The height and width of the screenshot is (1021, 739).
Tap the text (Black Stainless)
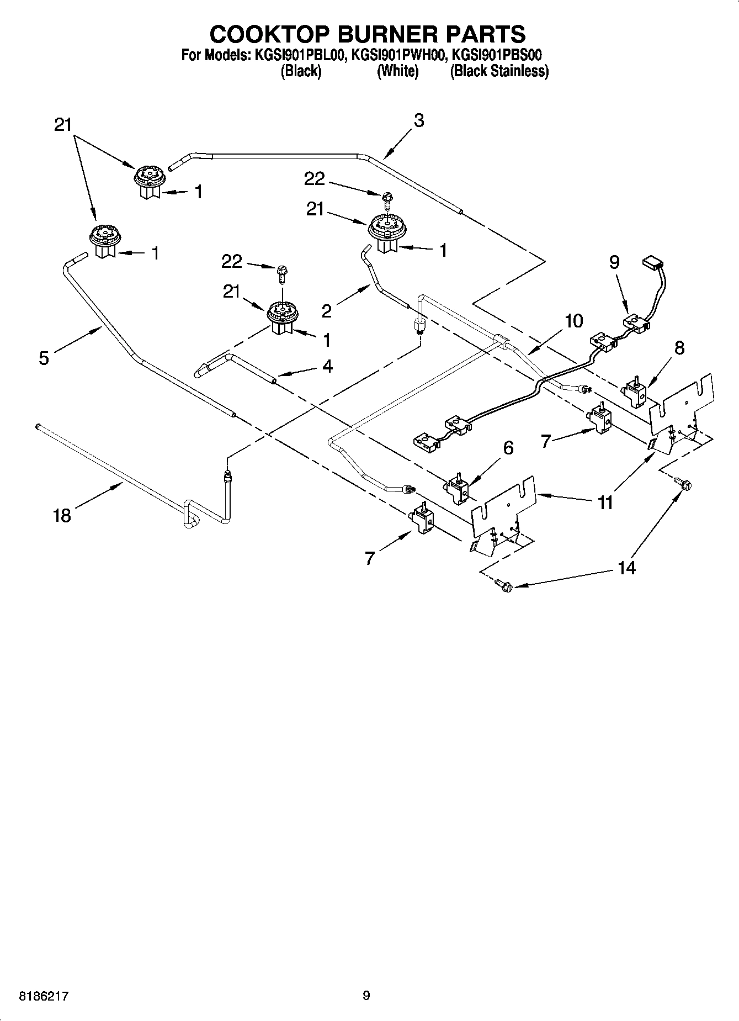(499, 71)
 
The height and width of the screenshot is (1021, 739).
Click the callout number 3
(418, 120)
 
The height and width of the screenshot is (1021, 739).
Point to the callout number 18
(62, 516)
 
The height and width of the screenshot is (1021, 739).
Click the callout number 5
(44, 358)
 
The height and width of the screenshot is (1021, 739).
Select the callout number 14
(626, 567)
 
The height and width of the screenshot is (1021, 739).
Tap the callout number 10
(574, 321)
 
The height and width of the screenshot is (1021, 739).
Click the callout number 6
(508, 448)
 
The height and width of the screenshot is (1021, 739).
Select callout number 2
(326, 311)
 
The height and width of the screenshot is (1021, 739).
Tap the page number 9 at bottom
(366, 996)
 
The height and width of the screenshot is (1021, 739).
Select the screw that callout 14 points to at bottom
(503, 585)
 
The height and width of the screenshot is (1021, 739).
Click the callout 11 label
(605, 502)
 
